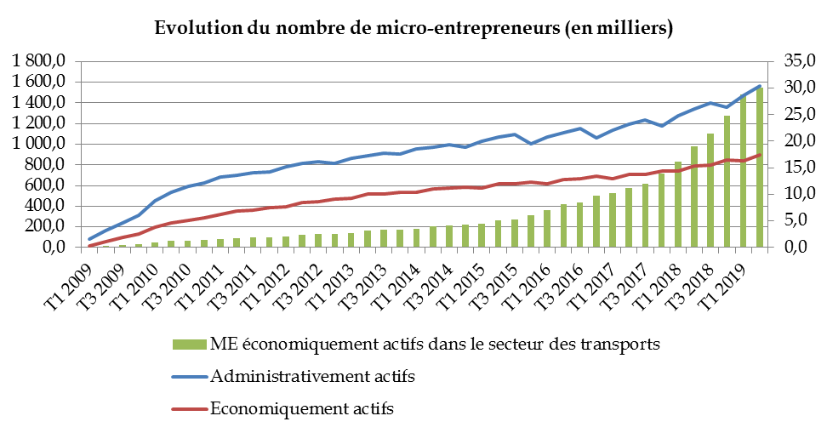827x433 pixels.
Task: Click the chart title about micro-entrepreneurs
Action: point(413,28)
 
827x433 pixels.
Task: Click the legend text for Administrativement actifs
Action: point(312,376)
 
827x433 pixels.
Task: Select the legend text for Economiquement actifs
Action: point(301,408)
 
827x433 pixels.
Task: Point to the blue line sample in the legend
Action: point(188,376)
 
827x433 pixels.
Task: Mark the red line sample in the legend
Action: point(188,408)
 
